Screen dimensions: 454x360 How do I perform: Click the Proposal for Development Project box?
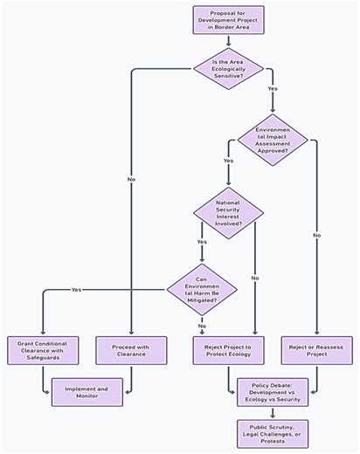pyautogui.click(x=227, y=20)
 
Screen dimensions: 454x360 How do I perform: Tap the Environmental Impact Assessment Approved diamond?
pyautogui.click(x=273, y=140)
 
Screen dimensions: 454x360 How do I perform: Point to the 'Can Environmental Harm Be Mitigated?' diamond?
pyautogui.click(x=202, y=288)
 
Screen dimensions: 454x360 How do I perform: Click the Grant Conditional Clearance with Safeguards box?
pyautogui.click(x=43, y=351)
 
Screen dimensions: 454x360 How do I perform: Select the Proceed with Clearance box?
pyautogui.click(x=132, y=351)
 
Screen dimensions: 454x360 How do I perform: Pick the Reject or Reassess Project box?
pyautogui.click(x=315, y=351)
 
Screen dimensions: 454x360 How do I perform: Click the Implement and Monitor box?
pyautogui.click(x=87, y=393)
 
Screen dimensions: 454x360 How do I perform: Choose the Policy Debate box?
pyautogui.click(x=273, y=393)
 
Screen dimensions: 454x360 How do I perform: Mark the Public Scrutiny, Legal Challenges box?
pyautogui.click(x=273, y=432)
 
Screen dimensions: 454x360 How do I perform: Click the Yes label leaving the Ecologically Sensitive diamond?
pyautogui.click(x=273, y=89)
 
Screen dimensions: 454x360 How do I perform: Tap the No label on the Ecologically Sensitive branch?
pyautogui.click(x=132, y=180)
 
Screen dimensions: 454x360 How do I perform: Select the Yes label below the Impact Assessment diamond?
pyautogui.click(x=228, y=162)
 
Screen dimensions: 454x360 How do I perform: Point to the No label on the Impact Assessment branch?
pyautogui.click(x=316, y=235)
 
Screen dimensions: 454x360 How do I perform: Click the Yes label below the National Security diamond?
pyautogui.click(x=202, y=241)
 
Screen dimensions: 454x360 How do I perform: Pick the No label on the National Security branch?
pyautogui.click(x=254, y=278)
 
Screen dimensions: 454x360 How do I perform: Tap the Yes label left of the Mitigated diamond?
pyautogui.click(x=77, y=289)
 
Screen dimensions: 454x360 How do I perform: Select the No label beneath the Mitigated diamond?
pyautogui.click(x=202, y=326)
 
